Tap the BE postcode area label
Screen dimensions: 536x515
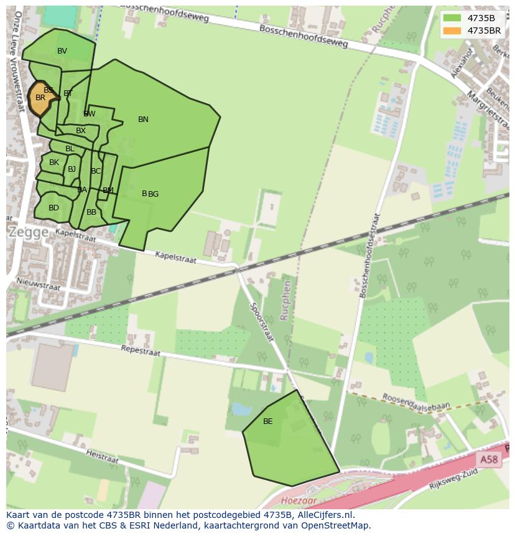click(268, 421)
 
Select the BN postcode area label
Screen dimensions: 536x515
click(143, 120)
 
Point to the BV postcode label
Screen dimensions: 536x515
click(62, 51)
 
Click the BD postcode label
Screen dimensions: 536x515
click(53, 208)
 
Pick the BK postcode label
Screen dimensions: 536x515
click(54, 162)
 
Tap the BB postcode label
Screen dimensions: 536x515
click(91, 212)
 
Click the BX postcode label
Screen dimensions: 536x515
click(81, 131)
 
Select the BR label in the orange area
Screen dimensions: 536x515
click(40, 98)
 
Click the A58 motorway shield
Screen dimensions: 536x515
click(489, 459)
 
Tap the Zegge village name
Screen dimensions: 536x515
click(28, 232)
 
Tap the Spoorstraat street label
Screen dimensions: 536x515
click(262, 321)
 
